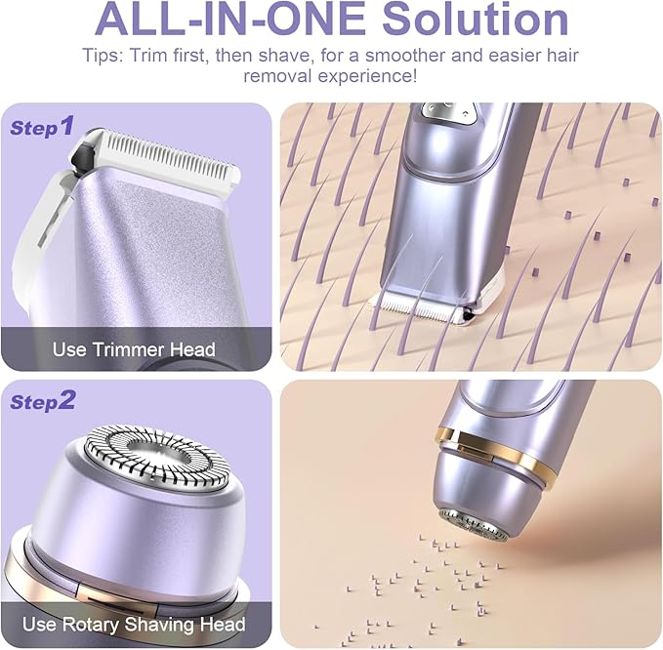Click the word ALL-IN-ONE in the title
[x=230, y=18]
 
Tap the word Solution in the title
[x=476, y=18]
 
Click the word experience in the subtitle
[x=367, y=76]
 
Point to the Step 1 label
[x=42, y=126]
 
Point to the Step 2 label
[x=42, y=401]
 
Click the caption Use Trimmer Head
[x=134, y=349]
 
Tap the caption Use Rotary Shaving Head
[x=134, y=625]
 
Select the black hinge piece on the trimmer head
[x=81, y=157]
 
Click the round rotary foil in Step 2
[x=157, y=458]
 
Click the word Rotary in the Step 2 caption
[x=90, y=625]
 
